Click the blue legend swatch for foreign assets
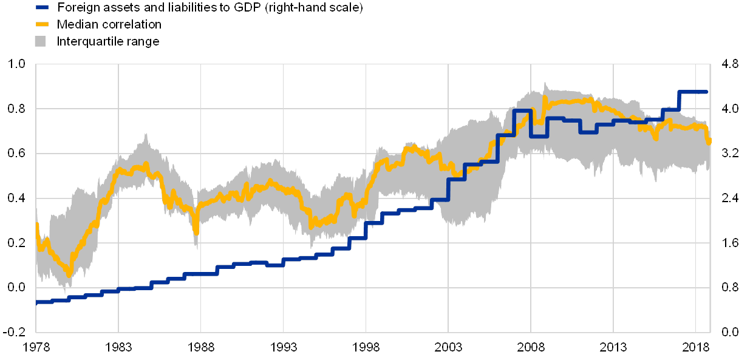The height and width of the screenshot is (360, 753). (x=41, y=8)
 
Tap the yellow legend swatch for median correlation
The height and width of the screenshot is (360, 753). (x=41, y=25)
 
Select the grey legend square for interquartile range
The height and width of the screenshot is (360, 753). (x=41, y=41)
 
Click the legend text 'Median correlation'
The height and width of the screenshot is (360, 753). (x=109, y=25)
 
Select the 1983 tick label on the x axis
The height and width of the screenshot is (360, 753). (x=118, y=347)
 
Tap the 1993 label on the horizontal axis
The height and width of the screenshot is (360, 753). (x=283, y=347)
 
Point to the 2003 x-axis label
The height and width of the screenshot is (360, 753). (x=448, y=347)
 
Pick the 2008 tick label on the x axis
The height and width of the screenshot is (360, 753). (x=531, y=347)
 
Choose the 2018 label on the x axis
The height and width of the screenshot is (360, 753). (x=695, y=347)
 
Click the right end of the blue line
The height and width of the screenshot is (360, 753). (x=707, y=92)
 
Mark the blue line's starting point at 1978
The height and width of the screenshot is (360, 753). (x=37, y=302)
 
